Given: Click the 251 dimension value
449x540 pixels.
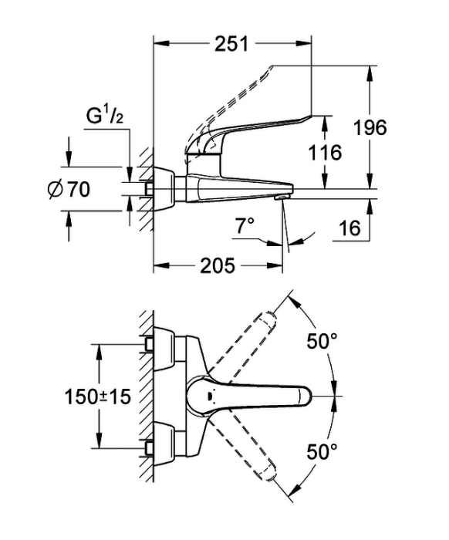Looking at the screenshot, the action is [231, 44].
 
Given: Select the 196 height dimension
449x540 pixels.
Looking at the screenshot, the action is [370, 128].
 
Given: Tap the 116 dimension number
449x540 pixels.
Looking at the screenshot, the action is [325, 153].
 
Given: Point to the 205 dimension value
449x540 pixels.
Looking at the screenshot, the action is [218, 265].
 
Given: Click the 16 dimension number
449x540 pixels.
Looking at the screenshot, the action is [349, 228].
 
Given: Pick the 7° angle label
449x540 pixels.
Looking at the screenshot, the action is [245, 226].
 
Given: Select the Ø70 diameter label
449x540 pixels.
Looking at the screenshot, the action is [69, 189].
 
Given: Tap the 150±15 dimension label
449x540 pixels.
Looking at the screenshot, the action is [98, 397].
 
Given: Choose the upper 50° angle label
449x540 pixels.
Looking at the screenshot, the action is [322, 341].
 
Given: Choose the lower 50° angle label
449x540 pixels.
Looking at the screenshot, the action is [322, 451].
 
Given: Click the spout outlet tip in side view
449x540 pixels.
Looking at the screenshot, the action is [280, 197].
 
